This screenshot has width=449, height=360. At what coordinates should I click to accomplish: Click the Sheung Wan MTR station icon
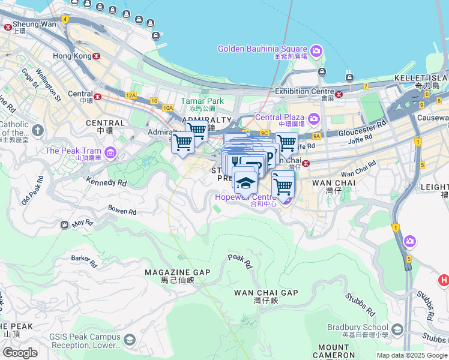(8, 27)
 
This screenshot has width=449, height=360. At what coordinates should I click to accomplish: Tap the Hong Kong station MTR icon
(96, 56)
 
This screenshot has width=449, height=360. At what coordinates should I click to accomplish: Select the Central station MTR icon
(97, 95)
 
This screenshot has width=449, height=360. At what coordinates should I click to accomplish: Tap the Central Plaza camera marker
(313, 118)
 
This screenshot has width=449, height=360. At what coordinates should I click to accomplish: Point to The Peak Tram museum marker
(109, 152)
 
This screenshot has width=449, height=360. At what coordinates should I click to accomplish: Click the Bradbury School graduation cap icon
(397, 329)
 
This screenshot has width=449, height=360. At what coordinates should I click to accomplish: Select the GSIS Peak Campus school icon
(129, 341)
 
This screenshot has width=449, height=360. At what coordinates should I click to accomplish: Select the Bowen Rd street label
(122, 211)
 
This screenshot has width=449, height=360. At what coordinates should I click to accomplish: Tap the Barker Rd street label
(84, 260)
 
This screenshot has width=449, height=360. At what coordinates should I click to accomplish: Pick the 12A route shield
(131, 95)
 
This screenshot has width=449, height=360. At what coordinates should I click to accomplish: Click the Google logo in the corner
(20, 352)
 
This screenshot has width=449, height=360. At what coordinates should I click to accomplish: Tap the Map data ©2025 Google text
(411, 355)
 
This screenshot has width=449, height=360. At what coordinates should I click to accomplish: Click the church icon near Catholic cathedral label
(38, 130)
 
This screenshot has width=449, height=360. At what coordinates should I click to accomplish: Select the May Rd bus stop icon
(64, 224)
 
